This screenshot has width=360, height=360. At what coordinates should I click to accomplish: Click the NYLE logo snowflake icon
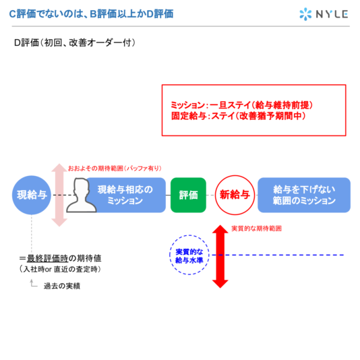pos(305,14)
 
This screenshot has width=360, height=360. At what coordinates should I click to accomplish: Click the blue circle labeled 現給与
pos(32,195)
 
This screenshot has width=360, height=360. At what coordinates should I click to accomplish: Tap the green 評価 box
pos(188,195)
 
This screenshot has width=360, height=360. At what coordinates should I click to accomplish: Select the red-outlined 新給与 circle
pos(235,195)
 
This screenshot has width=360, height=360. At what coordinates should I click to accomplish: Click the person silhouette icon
pos(81,196)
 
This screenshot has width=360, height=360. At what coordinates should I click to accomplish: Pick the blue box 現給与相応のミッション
pos(125,195)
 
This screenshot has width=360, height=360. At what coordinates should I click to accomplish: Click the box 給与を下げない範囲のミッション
pos(304,195)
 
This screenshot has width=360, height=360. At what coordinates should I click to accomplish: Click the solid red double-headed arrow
pos(220,256)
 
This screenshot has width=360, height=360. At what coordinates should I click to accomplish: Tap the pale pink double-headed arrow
pos(59,195)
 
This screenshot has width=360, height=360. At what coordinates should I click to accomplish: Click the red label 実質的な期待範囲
pos(256,229)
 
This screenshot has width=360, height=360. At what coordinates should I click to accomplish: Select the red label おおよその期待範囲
pos(115,169)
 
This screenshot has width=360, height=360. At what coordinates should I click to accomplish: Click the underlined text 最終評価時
pos(47,258)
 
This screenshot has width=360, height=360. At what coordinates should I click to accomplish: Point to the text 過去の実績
pos(62,286)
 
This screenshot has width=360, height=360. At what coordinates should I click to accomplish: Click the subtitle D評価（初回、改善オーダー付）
pos(75,42)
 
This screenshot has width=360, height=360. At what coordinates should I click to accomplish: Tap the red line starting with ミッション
pos(242,105)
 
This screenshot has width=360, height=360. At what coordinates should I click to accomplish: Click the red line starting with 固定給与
pos(239,116)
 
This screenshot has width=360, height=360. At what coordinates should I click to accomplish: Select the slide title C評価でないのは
pos(92,14)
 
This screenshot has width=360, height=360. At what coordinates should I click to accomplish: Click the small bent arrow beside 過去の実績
pos(33,283)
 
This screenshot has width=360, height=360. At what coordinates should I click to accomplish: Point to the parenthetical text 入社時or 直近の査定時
pos(61,269)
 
